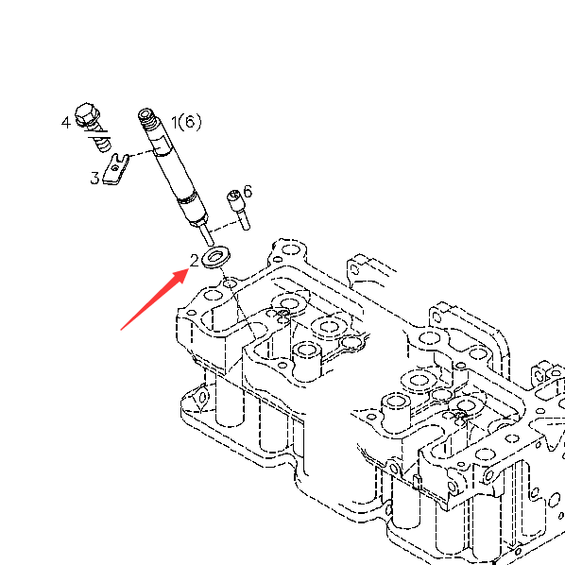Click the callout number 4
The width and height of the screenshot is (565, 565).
(x=65, y=123)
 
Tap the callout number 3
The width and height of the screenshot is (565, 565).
(x=94, y=178)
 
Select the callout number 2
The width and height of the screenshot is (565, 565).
(x=195, y=261)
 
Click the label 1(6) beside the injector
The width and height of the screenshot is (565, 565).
(x=186, y=122)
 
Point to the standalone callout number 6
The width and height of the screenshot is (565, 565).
(x=248, y=192)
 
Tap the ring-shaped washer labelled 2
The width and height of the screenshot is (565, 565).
(x=215, y=257)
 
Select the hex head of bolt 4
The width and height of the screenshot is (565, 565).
(x=87, y=114)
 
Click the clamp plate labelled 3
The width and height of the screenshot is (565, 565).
(x=116, y=169)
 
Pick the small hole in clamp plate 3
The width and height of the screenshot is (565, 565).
(x=114, y=168)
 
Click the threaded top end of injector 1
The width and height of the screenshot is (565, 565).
(x=148, y=120)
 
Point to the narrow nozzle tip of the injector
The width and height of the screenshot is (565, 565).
(x=207, y=233)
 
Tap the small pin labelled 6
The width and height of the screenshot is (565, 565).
(x=239, y=210)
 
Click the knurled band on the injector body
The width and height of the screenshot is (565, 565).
(x=187, y=198)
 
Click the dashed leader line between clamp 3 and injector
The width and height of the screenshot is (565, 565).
(x=142, y=153)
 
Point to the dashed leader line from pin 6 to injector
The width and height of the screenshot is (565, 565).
(x=225, y=227)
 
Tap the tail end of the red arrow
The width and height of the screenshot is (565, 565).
(x=122, y=329)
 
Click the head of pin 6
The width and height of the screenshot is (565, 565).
(x=234, y=198)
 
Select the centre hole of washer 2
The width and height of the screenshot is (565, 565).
(x=215, y=256)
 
